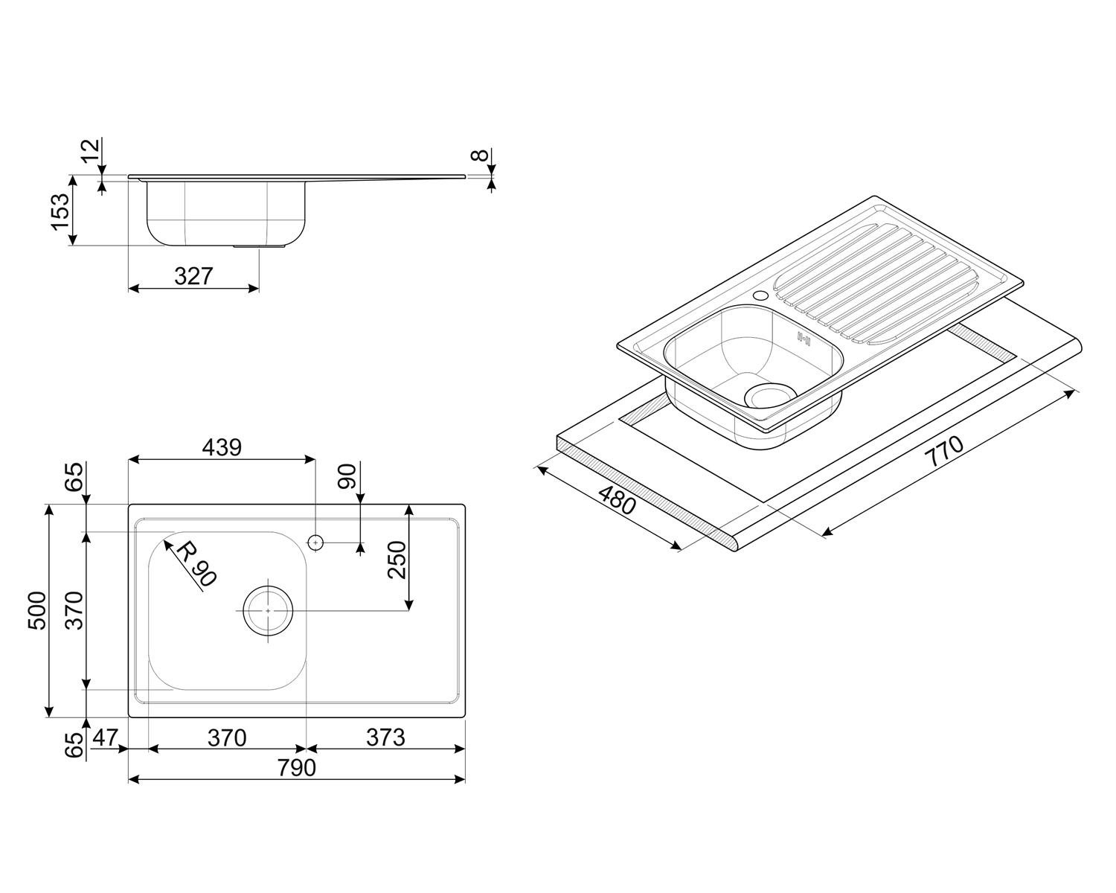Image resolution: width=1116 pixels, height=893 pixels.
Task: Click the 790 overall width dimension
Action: (x=296, y=768)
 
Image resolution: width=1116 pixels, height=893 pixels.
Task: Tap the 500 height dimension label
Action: (x=36, y=611)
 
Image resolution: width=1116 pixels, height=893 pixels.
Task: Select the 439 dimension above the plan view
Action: (x=222, y=447)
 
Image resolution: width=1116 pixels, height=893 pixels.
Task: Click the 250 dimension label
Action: (x=397, y=560)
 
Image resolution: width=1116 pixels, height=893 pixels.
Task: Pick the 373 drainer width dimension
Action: (x=385, y=737)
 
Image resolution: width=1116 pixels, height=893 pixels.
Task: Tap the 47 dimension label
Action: (x=105, y=737)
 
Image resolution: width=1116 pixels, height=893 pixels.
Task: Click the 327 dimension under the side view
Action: (x=193, y=277)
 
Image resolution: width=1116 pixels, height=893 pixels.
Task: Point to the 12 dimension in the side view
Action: (x=90, y=150)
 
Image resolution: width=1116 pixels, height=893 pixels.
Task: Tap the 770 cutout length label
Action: (x=945, y=452)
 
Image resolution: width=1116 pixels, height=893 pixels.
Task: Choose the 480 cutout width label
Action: (x=617, y=499)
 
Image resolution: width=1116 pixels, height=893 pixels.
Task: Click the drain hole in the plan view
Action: (x=268, y=611)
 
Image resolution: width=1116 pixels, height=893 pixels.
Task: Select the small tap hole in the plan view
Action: (x=315, y=542)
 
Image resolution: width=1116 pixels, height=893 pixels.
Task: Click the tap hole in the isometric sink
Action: (x=761, y=295)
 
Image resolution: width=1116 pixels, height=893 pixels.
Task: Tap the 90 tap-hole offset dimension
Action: (x=347, y=476)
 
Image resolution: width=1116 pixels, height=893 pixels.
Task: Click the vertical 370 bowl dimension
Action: (x=74, y=611)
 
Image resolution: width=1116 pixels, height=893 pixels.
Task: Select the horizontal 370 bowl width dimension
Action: (x=227, y=737)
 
